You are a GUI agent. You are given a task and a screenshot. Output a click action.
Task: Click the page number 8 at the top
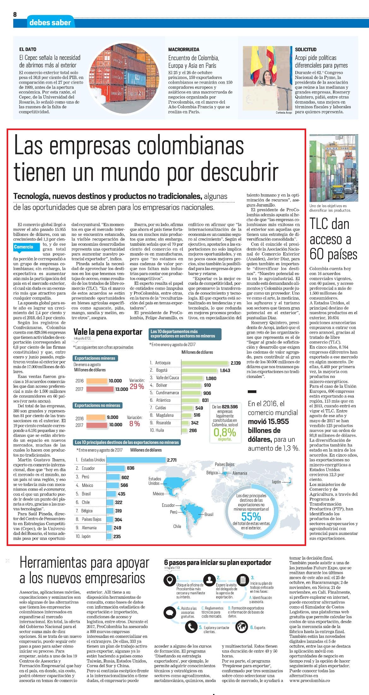(15, 15)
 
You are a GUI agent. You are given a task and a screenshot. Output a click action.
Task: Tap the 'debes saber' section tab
(50, 22)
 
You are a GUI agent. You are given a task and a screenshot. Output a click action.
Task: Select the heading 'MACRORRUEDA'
(184, 50)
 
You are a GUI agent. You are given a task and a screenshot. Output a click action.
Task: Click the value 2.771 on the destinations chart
(172, 460)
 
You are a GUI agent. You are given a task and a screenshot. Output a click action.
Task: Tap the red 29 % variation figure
(137, 386)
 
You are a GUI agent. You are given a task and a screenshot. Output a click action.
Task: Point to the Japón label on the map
(276, 482)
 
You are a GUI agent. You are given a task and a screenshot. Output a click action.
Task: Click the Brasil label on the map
(209, 514)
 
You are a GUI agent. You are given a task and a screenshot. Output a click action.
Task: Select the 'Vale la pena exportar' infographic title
(108, 332)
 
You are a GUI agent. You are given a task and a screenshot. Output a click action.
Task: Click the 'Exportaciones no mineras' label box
(98, 405)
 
